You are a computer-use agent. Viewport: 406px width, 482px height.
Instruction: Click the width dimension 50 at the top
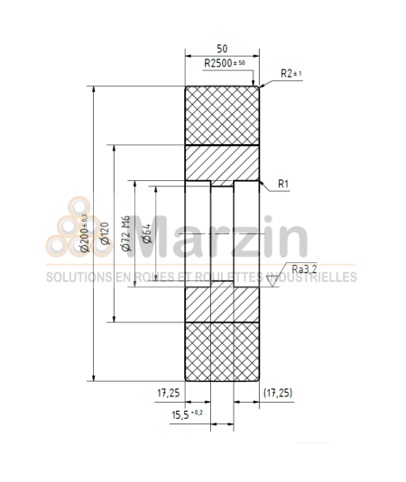click(x=222, y=47)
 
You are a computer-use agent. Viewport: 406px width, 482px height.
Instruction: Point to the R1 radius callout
click(x=283, y=184)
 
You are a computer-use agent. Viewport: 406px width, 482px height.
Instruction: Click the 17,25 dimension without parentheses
click(x=169, y=394)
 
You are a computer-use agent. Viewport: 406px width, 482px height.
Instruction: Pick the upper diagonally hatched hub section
click(x=223, y=163)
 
